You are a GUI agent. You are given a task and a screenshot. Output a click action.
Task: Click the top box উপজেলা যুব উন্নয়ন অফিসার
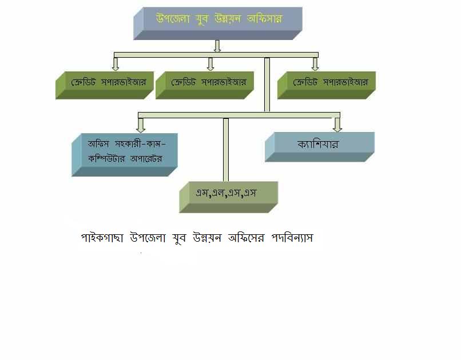click(218, 23)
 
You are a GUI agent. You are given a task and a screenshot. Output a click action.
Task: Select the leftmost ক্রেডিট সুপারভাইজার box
click(105, 85)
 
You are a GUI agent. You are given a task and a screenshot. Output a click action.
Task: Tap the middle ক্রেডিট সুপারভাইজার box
click(205, 85)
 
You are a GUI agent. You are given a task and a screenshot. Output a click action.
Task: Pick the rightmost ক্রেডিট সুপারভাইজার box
click(327, 85)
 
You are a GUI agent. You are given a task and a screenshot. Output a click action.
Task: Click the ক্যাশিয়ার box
click(320, 147)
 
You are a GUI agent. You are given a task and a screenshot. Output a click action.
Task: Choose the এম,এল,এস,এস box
click(228, 197)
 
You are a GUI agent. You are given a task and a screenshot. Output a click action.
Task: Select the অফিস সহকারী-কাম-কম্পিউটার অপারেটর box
click(124, 155)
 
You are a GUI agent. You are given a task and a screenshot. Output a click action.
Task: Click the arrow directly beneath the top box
click(217, 46)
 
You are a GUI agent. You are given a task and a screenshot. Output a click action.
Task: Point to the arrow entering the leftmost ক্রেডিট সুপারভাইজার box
click(116, 64)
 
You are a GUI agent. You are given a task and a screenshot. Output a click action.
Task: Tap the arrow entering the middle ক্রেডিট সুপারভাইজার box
click(210, 64)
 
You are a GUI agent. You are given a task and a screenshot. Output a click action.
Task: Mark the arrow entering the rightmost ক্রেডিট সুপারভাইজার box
click(315, 64)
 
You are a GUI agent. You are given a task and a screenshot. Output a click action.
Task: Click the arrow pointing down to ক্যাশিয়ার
click(337, 125)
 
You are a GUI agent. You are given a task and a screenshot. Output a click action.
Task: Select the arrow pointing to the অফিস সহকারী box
click(141, 125)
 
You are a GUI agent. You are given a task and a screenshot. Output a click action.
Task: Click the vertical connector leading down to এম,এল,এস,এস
click(226, 150)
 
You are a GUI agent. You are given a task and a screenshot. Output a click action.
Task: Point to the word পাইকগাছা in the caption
click(102, 238)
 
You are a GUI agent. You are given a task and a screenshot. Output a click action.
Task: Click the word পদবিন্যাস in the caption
click(292, 238)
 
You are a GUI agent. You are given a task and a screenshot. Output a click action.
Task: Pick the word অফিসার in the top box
click(265, 19)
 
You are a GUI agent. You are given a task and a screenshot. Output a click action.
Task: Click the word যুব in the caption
click(180, 238)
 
